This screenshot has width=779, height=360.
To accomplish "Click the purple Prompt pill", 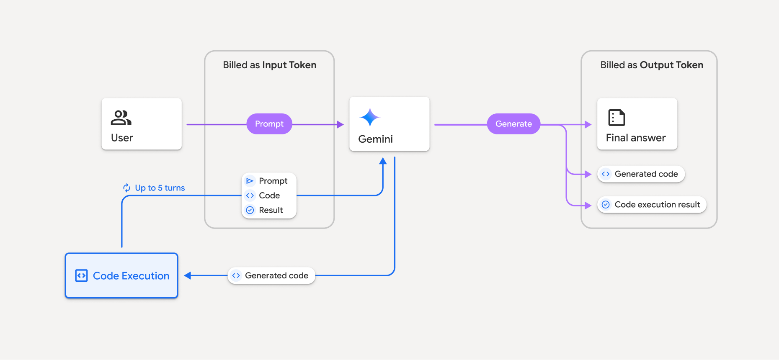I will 269,124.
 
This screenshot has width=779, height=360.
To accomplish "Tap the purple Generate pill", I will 513,124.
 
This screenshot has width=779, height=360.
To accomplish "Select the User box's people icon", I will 121,118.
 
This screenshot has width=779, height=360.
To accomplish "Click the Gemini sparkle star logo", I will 370,117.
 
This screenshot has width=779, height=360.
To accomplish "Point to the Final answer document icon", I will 616,118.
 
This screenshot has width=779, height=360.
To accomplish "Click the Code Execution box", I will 121,275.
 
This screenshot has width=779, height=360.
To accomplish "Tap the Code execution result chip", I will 652,205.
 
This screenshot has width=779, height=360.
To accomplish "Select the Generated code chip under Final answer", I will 641,174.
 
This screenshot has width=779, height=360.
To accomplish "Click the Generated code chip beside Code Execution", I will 271,275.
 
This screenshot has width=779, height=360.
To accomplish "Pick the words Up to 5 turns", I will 160,188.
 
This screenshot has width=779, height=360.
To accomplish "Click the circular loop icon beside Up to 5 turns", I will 126,188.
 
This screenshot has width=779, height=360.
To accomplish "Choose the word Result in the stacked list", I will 271,210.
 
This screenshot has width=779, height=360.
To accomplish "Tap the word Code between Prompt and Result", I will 269,195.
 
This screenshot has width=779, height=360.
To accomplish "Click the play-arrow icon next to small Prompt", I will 250,181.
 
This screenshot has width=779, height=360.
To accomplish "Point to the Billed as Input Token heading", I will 269,65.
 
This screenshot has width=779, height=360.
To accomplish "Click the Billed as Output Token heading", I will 652,65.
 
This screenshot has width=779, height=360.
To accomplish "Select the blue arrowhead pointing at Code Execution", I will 188,275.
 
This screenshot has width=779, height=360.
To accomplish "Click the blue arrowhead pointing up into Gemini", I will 383,161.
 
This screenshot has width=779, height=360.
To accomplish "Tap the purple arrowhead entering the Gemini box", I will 340,124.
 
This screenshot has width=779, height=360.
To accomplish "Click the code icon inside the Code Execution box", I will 81,275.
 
